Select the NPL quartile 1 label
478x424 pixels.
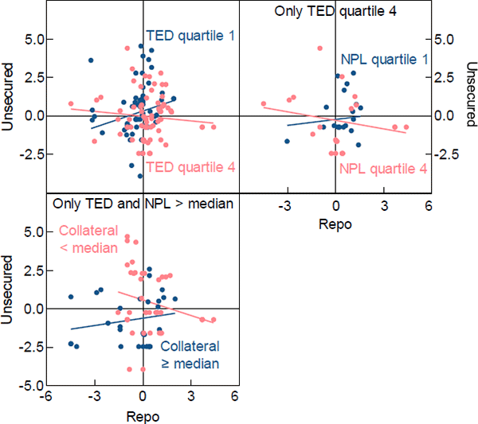(385, 59)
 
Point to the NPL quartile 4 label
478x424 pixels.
(383, 169)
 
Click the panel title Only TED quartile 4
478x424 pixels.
(335, 11)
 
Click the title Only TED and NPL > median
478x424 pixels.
(143, 204)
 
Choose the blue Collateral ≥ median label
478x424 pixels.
(190, 355)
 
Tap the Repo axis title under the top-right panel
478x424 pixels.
(335, 224)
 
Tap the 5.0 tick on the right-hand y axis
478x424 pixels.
(443, 38)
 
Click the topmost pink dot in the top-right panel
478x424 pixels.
(319, 49)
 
